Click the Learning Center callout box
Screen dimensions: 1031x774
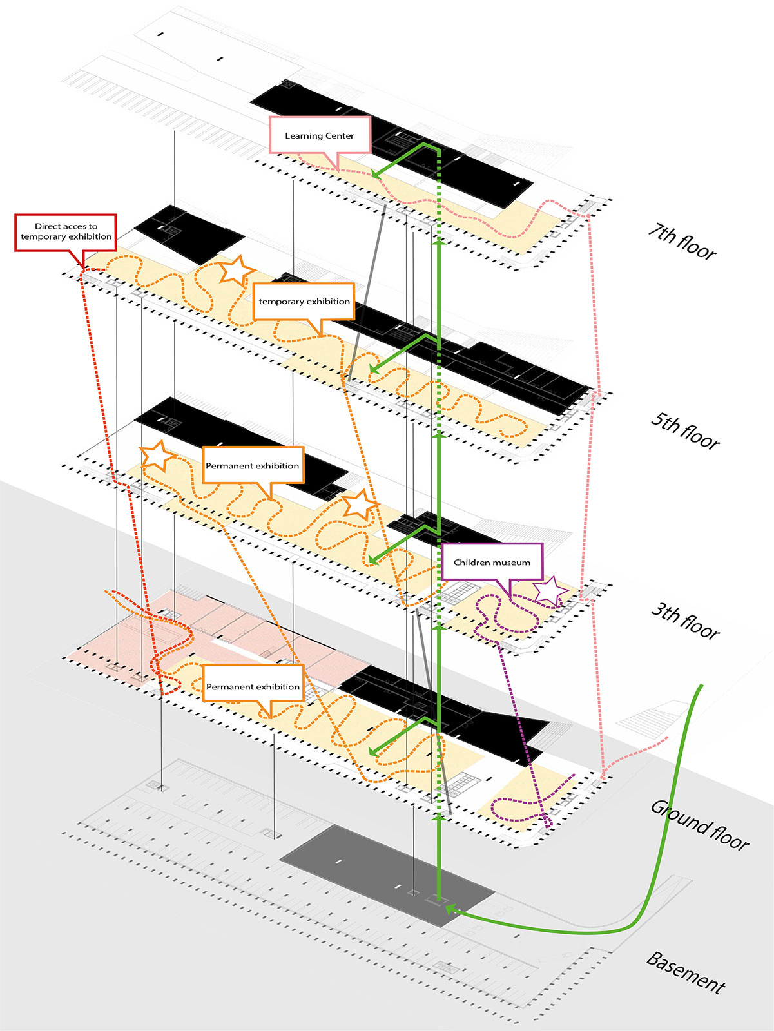(x=320, y=135)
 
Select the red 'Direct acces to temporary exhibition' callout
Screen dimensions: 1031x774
(x=66, y=232)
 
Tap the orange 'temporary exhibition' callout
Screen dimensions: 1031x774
(x=304, y=301)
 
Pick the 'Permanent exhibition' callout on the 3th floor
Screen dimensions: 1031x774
(x=253, y=465)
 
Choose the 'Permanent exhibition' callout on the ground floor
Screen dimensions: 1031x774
(x=253, y=686)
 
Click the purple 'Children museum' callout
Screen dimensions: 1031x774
(x=492, y=562)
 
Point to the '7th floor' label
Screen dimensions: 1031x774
(x=682, y=242)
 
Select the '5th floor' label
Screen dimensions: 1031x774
(x=684, y=430)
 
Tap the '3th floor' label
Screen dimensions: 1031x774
(x=684, y=621)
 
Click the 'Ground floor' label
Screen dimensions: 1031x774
(x=699, y=825)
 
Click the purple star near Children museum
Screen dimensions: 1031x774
(x=548, y=592)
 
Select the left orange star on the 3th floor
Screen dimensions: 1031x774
(x=157, y=456)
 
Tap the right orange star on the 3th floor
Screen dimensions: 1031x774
(x=359, y=504)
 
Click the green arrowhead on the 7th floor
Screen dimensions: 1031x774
(x=376, y=174)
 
